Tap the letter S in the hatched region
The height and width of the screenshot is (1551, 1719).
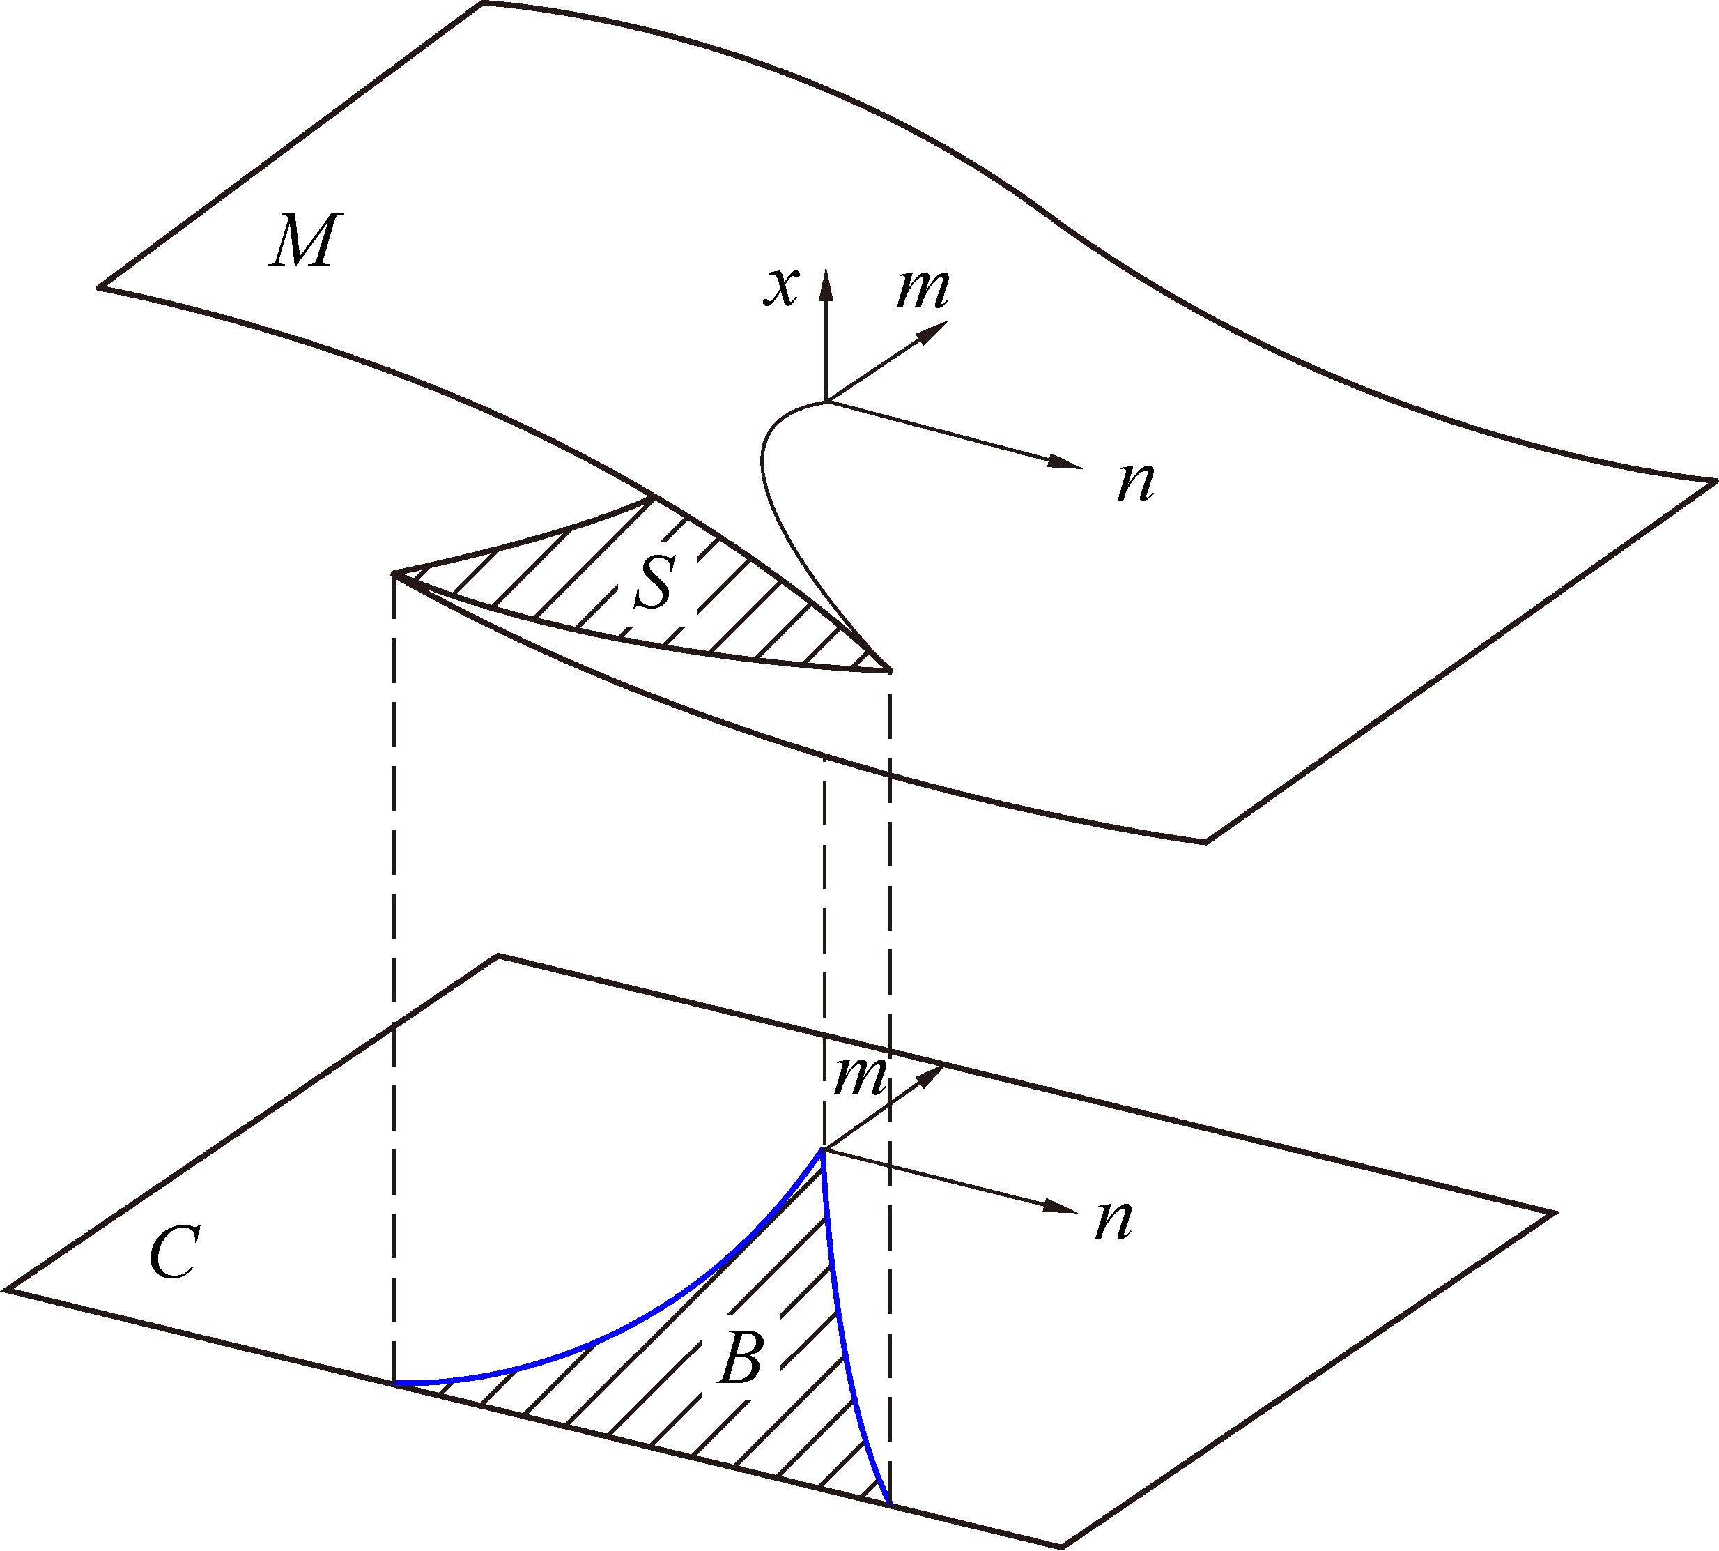pos(655,582)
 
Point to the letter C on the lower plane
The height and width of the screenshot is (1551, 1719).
pos(175,1253)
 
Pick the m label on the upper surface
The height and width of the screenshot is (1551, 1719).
pos(923,290)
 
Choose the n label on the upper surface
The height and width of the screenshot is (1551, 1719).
pos(1136,482)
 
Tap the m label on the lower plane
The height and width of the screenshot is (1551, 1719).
pos(861,1076)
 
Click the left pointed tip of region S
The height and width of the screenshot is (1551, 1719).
pos(393,574)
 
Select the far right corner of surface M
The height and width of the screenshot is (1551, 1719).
pos(1714,482)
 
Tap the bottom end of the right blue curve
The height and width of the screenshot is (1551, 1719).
pos(889,1504)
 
